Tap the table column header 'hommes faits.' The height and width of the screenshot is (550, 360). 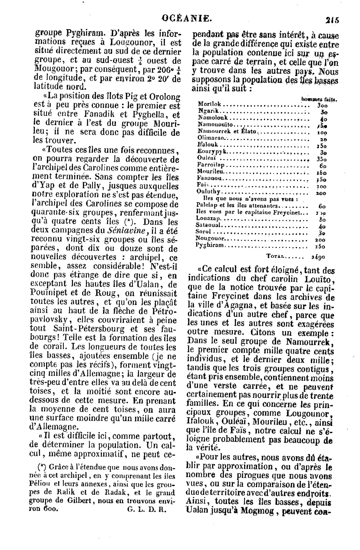(x=319, y=98)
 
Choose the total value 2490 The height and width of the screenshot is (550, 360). (x=318, y=257)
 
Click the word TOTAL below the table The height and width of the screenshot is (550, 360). (x=275, y=257)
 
